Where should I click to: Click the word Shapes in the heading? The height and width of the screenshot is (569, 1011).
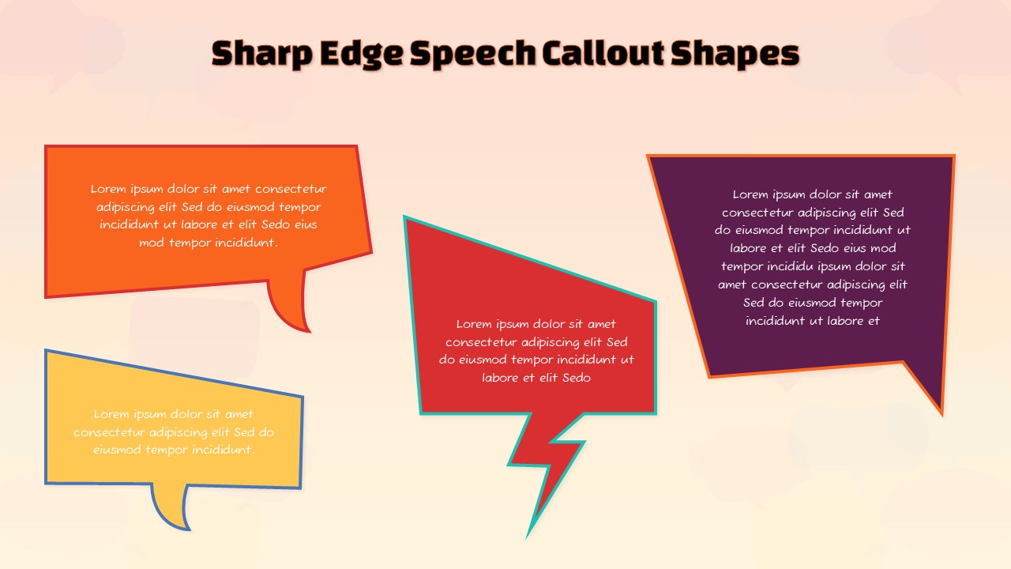tap(735, 53)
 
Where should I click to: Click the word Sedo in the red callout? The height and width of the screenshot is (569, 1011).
tap(577, 378)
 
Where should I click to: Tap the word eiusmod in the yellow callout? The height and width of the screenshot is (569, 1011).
tap(118, 450)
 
